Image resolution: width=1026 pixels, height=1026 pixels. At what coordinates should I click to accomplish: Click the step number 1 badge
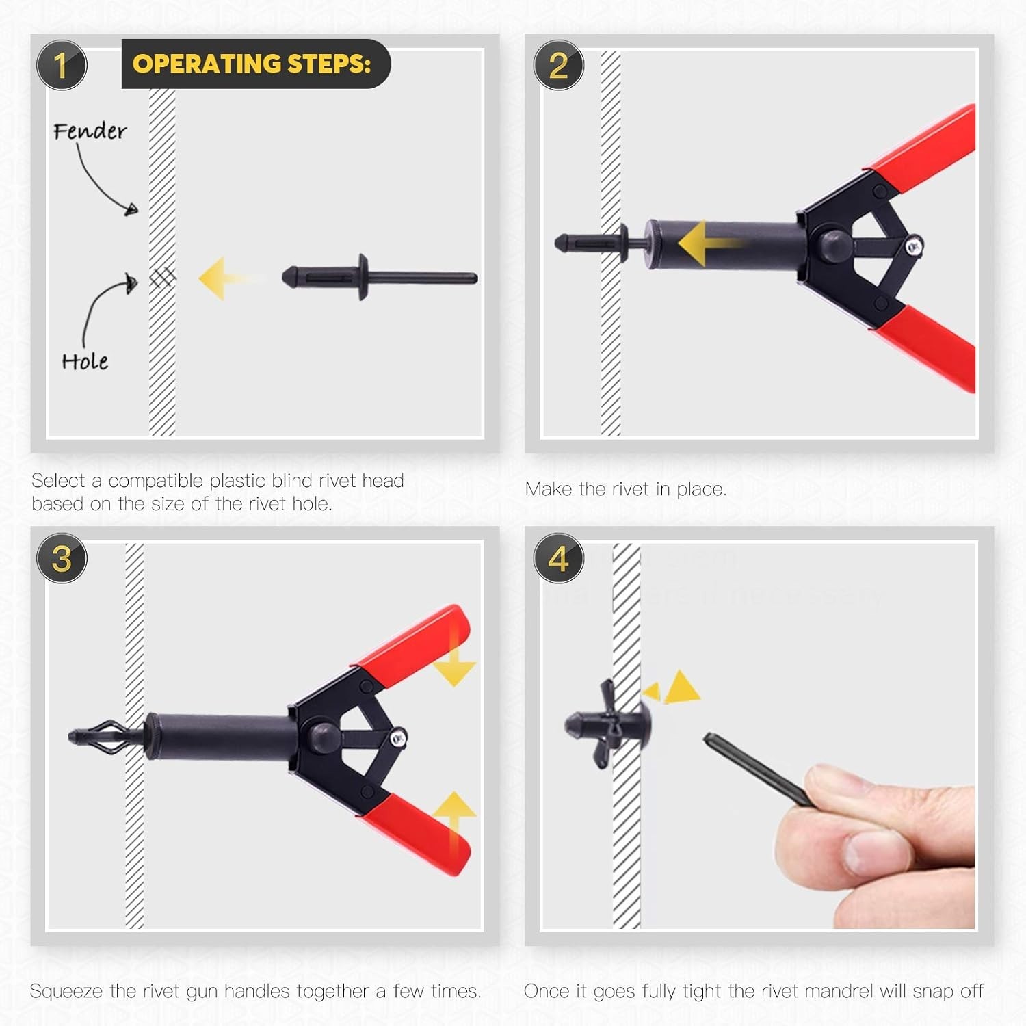point(62,66)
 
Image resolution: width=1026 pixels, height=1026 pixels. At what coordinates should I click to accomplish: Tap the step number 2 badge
point(558,66)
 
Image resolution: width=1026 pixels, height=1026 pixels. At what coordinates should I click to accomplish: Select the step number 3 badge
point(62,558)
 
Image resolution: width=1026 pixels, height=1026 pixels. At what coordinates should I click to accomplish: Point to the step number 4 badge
point(558,558)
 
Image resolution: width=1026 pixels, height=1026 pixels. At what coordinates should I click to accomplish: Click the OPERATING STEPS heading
point(252,64)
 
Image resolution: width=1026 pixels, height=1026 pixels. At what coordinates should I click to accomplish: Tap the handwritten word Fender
point(90,131)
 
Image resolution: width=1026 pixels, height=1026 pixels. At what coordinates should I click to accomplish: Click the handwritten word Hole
point(85,361)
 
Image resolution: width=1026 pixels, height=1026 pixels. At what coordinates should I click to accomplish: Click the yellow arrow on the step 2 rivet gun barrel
point(705,244)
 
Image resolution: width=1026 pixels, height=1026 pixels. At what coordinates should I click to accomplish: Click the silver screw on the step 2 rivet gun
point(913,246)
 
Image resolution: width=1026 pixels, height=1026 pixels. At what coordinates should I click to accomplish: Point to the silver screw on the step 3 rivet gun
point(397,737)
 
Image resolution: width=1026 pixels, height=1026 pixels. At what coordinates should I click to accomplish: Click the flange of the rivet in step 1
point(363,278)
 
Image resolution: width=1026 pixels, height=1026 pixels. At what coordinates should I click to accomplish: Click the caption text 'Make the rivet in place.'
point(625,489)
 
